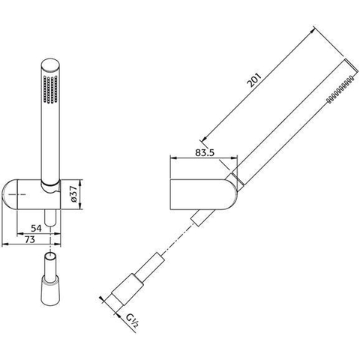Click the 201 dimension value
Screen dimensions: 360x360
(x=253, y=79)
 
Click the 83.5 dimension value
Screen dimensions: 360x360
(x=205, y=152)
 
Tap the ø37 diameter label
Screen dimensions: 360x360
(x=73, y=195)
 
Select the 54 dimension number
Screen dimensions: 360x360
(x=36, y=228)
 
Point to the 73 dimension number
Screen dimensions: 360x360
(x=30, y=239)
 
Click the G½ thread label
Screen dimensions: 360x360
(x=132, y=321)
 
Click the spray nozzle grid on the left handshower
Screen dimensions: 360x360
(x=50, y=89)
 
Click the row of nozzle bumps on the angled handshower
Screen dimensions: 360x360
(x=340, y=89)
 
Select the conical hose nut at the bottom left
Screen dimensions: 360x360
(x=50, y=289)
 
